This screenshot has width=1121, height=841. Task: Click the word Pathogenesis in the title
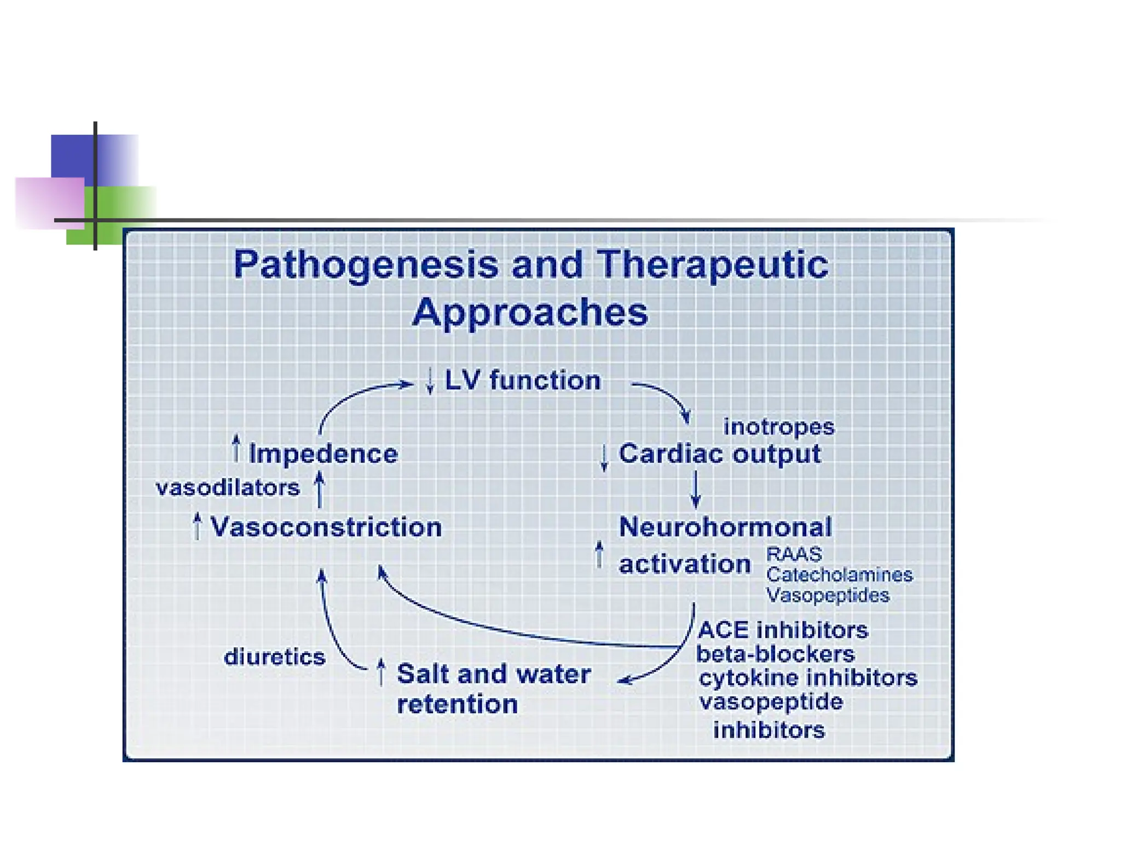point(366,265)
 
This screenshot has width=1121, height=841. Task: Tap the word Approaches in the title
point(530,312)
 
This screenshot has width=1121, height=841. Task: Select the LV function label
point(522,380)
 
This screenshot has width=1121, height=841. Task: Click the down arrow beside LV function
point(430,381)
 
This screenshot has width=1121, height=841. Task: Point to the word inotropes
point(778,427)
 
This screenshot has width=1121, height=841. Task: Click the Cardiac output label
point(719,454)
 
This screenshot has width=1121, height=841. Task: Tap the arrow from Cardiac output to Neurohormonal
point(696,489)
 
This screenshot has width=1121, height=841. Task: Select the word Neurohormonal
point(725,527)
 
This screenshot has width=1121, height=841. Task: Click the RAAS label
point(794,554)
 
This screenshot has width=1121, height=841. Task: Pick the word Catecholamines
point(839,575)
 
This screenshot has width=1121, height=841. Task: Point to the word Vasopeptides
point(828,595)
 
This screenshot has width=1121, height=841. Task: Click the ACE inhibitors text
point(783,630)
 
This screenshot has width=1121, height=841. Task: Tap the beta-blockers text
point(775,654)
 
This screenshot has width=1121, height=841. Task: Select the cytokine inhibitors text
point(808,678)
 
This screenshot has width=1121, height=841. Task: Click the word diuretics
point(274,656)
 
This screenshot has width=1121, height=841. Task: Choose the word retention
point(457,704)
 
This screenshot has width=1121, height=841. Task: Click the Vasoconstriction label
point(326,527)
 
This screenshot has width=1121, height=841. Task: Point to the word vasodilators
point(228,487)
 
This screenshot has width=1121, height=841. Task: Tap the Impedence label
point(323,454)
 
